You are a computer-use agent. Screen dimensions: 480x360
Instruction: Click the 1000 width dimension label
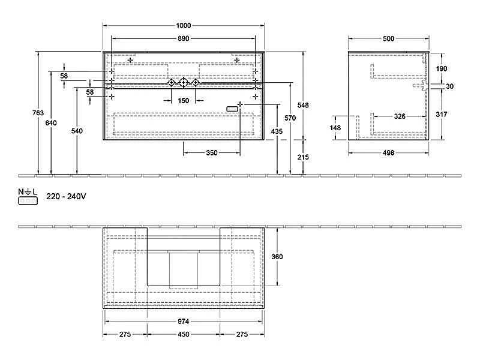184,25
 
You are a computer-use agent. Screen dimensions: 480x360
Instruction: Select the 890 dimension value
184,38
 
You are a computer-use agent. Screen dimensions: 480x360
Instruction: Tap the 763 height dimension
38,113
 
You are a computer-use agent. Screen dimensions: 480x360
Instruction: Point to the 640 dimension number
51,123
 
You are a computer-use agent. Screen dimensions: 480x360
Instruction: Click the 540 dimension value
77,131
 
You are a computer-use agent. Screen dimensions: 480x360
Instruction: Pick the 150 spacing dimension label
184,100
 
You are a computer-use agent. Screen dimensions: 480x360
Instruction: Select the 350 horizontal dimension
212,153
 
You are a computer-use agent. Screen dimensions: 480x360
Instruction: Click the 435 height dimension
277,131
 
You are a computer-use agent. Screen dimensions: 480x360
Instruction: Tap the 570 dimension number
290,118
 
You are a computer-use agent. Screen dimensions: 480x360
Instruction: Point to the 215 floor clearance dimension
303,157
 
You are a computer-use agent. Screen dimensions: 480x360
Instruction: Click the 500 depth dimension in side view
388,38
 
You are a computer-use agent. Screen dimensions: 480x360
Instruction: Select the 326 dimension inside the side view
400,116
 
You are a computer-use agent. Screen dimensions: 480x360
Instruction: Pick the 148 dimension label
335,128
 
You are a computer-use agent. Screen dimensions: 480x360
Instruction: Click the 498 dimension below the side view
388,153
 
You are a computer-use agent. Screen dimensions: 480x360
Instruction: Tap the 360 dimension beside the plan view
277,257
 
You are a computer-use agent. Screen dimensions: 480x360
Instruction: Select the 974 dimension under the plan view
184,322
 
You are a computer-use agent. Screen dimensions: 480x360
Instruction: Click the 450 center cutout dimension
184,334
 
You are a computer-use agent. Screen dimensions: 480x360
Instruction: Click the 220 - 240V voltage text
66,196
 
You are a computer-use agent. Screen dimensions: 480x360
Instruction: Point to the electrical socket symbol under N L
28,201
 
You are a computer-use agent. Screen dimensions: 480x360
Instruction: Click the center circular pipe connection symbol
183,82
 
